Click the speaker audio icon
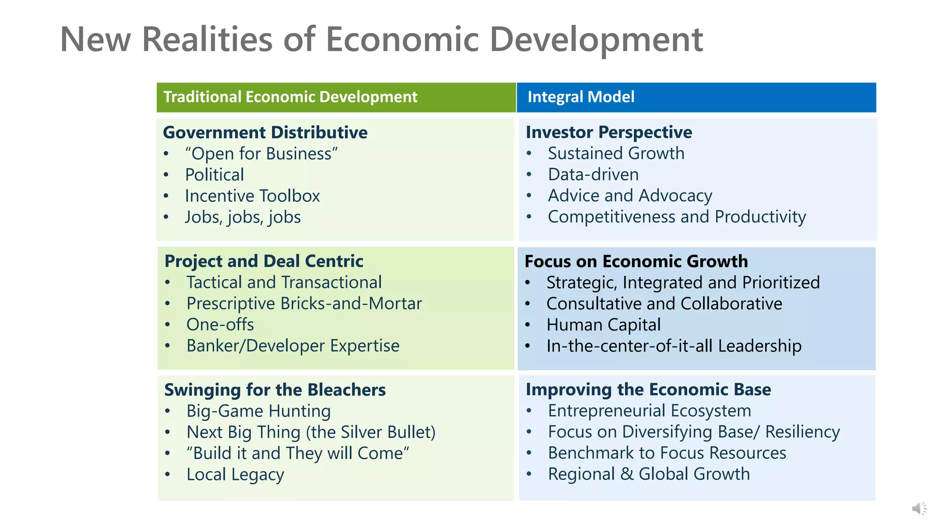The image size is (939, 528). pyautogui.click(x=918, y=508)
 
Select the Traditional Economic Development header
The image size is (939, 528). pyautogui.click(x=290, y=97)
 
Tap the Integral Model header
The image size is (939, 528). pyautogui.click(x=580, y=97)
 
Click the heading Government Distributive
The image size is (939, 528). pyautogui.click(x=265, y=132)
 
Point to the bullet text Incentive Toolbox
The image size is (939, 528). pyautogui.click(x=252, y=196)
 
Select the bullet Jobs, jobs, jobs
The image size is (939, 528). pyautogui.click(x=243, y=217)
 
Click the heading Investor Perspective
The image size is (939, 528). pyautogui.click(x=608, y=132)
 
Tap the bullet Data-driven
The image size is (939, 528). pyautogui.click(x=593, y=175)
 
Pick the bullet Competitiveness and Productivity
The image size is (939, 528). pyautogui.click(x=676, y=217)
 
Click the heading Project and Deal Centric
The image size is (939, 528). pyautogui.click(x=264, y=261)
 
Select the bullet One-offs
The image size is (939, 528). pyautogui.click(x=220, y=324)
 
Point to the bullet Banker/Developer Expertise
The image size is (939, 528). pyautogui.click(x=293, y=346)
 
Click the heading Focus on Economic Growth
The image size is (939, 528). pyautogui.click(x=636, y=261)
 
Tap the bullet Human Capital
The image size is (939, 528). pyautogui.click(x=603, y=324)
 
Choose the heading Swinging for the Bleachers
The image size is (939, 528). pyautogui.click(x=275, y=390)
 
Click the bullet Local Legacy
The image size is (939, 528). pyautogui.click(x=235, y=474)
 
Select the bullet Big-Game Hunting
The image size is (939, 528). pyautogui.click(x=258, y=411)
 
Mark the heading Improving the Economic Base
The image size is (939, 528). pyautogui.click(x=648, y=390)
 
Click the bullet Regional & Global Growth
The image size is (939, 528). pyautogui.click(x=648, y=474)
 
